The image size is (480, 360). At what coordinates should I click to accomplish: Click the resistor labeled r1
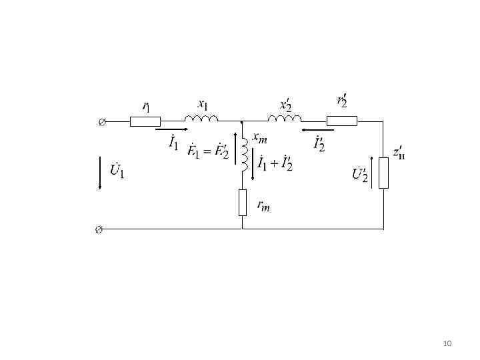[145, 121]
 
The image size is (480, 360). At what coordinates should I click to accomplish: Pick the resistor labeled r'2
[341, 121]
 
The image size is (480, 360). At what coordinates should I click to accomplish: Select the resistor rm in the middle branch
[242, 203]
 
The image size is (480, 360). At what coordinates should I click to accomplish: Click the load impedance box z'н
[383, 173]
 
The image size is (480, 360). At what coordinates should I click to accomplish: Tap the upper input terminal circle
[101, 122]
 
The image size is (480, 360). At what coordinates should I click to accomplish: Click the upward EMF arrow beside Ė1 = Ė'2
[236, 152]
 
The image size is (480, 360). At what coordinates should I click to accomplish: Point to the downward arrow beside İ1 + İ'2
[252, 163]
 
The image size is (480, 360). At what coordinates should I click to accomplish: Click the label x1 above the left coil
[203, 104]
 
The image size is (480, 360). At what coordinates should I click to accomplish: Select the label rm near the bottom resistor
[263, 206]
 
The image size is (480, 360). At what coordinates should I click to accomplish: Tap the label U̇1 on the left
[117, 171]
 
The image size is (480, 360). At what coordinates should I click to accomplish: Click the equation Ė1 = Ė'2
[208, 153]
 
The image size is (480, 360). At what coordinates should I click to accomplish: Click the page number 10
[447, 343]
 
